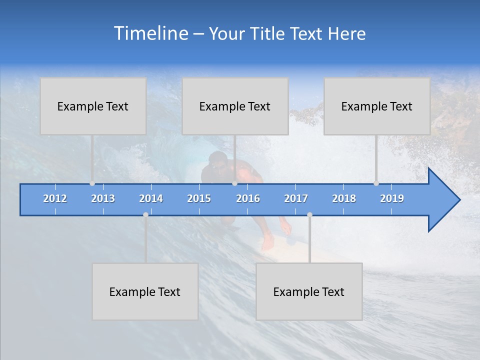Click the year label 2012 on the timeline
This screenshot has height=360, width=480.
tap(55, 198)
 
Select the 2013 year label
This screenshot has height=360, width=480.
tap(103, 198)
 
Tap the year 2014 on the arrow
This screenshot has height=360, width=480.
tap(151, 198)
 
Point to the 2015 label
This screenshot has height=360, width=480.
tap(199, 198)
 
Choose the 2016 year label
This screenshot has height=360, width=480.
tap(248, 198)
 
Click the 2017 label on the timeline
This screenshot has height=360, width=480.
tap(296, 198)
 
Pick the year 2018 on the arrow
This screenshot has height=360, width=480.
tap(344, 198)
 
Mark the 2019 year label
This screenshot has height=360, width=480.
tap(392, 198)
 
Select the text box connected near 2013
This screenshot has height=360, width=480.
tap(93, 106)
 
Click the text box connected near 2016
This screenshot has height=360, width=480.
tap(235, 106)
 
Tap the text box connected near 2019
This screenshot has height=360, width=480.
tap(377, 106)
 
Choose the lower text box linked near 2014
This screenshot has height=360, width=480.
tap(145, 291)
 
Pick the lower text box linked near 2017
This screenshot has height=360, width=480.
tap(309, 291)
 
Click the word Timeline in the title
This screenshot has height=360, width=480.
tap(150, 33)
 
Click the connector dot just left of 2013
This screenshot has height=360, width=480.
tap(92, 183)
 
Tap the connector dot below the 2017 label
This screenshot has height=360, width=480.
tap(309, 214)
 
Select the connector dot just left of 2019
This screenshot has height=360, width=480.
tap(376, 183)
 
